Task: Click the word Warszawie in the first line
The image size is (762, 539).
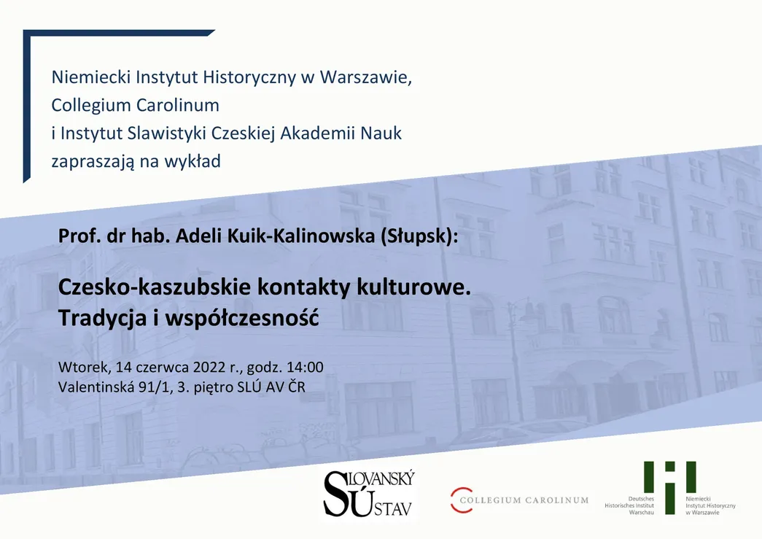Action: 365,77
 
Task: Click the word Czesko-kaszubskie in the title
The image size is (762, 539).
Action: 155,287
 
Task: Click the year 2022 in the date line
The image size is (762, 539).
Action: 210,367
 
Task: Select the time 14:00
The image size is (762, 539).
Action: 305,367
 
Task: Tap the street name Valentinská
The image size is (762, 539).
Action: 96,387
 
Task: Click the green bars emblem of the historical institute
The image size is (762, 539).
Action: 669,486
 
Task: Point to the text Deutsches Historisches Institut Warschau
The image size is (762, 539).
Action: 630,505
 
